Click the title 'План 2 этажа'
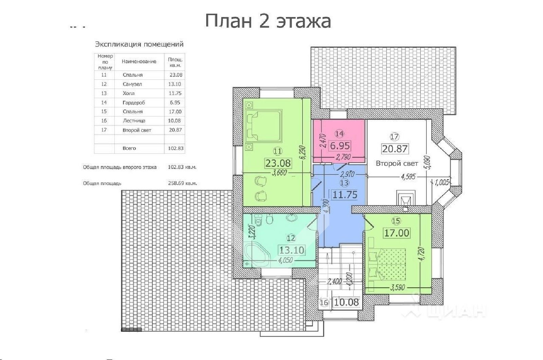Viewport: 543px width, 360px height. pyautogui.click(x=268, y=21)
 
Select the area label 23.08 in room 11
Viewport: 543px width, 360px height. pyautogui.click(x=278, y=163)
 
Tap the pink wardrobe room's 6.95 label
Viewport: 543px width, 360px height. pyautogui.click(x=340, y=146)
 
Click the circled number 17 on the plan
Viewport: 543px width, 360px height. pyautogui.click(x=394, y=137)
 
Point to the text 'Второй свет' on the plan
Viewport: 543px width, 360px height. pyautogui.click(x=397, y=163)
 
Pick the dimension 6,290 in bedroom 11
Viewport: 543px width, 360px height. pyautogui.click(x=303, y=152)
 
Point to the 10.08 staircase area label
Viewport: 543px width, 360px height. pyautogui.click(x=346, y=302)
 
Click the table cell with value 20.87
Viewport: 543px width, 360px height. pyautogui.click(x=175, y=130)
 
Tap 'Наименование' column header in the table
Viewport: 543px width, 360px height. pyautogui.click(x=139, y=61)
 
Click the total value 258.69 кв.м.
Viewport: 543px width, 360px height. pyautogui.click(x=182, y=183)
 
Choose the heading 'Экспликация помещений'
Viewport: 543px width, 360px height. pyautogui.click(x=139, y=44)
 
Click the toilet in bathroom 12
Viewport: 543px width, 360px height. pyautogui.click(x=259, y=221)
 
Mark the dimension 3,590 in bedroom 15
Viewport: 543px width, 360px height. pyautogui.click(x=397, y=288)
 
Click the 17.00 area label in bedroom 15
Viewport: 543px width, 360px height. pyautogui.click(x=396, y=233)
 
